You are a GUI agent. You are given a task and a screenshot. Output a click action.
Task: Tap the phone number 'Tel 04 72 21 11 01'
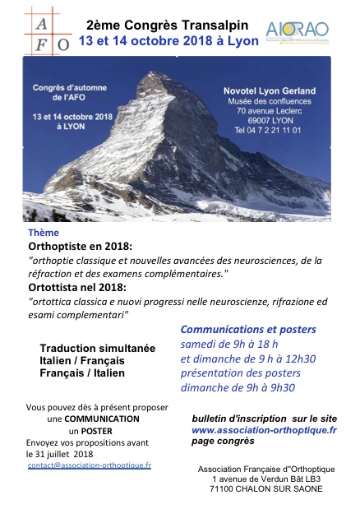268,130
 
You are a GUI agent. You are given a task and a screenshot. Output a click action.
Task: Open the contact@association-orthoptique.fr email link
89,465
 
